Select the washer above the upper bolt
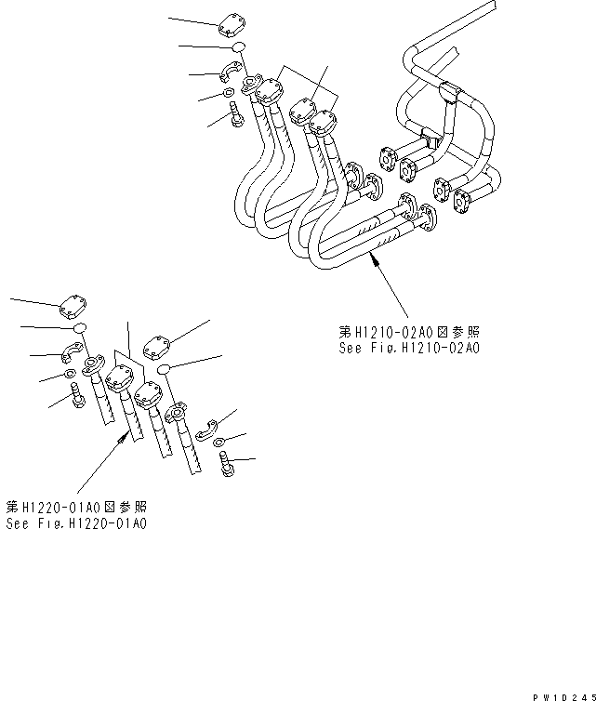[x=230, y=94]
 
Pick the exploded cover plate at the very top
[x=231, y=25]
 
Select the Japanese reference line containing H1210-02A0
[x=409, y=331]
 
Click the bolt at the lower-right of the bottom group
[x=228, y=464]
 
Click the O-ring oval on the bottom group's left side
[x=79, y=327]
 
